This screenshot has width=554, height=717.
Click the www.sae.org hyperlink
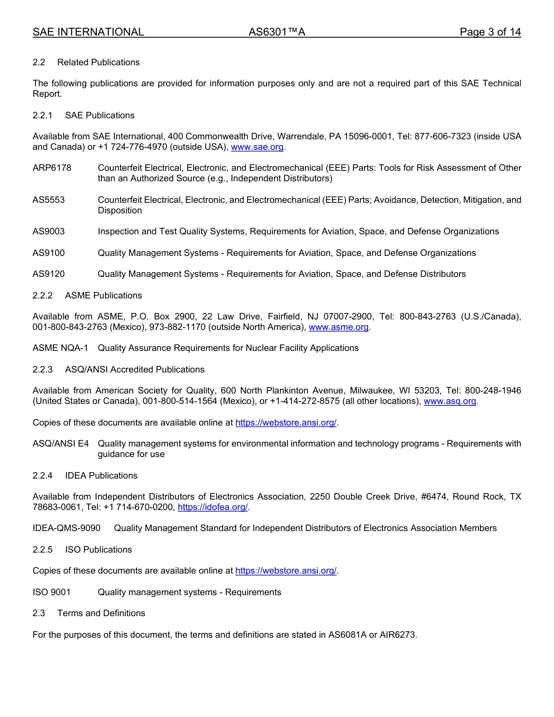(x=257, y=147)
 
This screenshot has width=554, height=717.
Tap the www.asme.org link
(x=338, y=327)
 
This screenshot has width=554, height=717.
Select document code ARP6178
(x=52, y=168)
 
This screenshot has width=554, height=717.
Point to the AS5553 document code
(x=48, y=200)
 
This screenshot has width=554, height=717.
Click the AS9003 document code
(x=48, y=231)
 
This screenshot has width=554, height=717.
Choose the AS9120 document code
(x=48, y=274)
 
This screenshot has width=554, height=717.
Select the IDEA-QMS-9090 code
(x=66, y=528)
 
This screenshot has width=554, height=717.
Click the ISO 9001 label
(x=51, y=592)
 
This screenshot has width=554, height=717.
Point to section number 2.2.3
(x=43, y=370)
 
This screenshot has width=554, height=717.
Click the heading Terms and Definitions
(x=101, y=613)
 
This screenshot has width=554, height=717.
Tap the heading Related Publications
(x=98, y=62)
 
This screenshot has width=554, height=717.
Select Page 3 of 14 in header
(x=490, y=32)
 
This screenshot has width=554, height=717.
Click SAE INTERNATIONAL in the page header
(x=88, y=32)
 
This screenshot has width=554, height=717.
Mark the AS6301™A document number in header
(x=276, y=32)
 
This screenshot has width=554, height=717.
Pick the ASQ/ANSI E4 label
(x=61, y=444)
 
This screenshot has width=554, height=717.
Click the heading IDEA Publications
(x=101, y=476)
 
